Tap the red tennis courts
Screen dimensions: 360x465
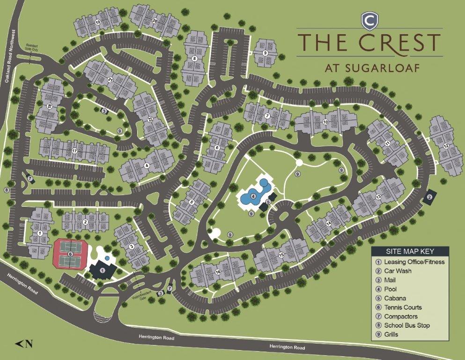coord(70,254)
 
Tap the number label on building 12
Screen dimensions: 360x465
coord(446,147)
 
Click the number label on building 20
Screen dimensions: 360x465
coord(155,20)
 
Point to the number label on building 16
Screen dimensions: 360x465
coord(218,272)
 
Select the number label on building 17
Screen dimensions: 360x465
coord(74,150)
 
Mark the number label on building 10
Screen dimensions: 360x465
coord(325,122)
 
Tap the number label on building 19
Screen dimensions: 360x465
coord(98,22)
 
